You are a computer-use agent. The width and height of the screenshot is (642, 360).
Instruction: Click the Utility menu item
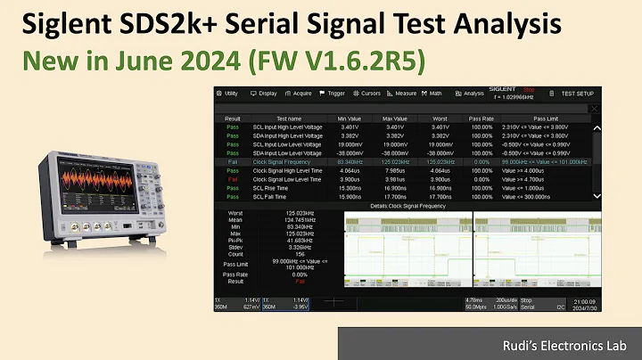click(x=230, y=93)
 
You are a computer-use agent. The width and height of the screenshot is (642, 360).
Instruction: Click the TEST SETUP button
click(x=576, y=93)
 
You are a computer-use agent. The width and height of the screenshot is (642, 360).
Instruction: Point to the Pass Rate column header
click(x=481, y=119)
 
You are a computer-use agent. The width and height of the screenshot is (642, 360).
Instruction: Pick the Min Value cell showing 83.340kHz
click(x=350, y=162)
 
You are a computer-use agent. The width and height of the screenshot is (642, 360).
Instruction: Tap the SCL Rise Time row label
click(x=270, y=188)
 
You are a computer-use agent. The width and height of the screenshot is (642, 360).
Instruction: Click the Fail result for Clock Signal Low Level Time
click(x=232, y=179)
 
